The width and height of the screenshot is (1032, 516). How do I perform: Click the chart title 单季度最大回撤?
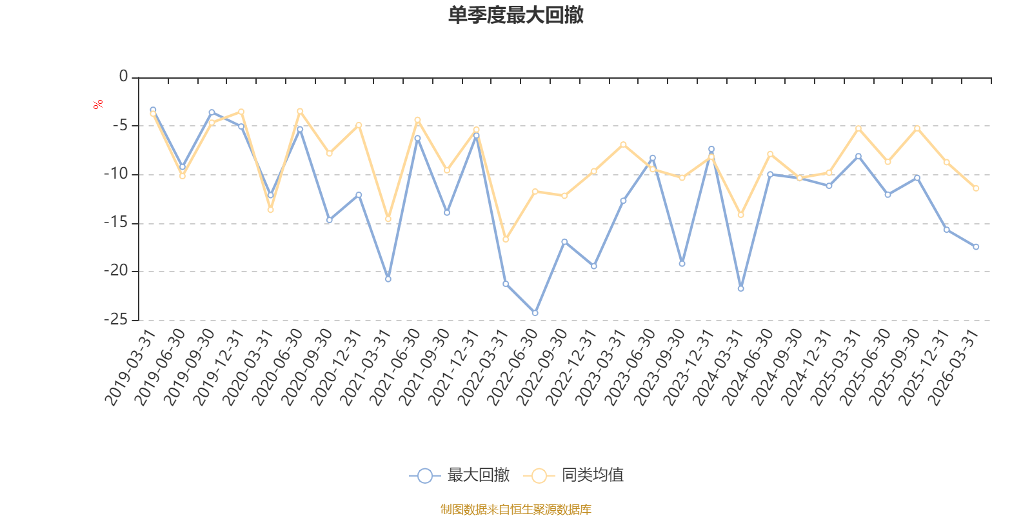pos(515,15)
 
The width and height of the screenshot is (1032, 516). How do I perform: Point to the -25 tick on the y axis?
pos(115,319)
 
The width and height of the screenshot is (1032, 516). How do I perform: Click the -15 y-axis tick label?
pos(115,223)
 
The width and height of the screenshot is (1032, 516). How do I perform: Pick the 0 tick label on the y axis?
pos(123,77)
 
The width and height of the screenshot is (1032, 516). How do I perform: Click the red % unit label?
pos(98,104)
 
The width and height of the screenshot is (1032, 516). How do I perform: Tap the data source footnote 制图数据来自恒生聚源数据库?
pos(515,510)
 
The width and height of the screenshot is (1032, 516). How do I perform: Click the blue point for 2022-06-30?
pos(535,313)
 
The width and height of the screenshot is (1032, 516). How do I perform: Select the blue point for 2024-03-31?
pos(740,288)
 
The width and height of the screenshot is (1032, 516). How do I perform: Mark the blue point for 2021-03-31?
pos(388,279)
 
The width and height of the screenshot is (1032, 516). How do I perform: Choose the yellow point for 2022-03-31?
pos(506,239)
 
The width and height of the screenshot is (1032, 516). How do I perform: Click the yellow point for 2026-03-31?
pos(976,188)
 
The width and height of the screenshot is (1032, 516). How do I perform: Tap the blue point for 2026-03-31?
pos(976,246)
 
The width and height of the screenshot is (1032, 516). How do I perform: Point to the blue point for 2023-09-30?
pos(682,263)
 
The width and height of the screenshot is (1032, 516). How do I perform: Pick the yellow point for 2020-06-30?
pos(300,111)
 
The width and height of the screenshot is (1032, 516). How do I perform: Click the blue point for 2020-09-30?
pos(329,220)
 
